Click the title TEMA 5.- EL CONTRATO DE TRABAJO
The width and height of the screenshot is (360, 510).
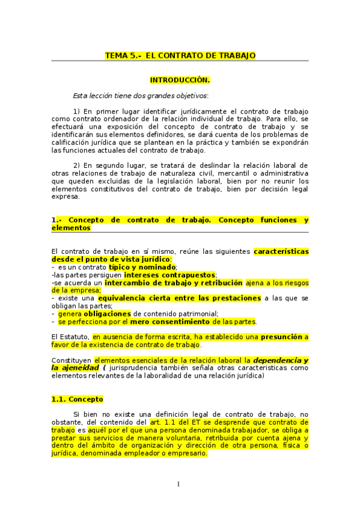[x=180, y=55]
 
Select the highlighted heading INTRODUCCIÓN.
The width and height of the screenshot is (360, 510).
[x=180, y=79]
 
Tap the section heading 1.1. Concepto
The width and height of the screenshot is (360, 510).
[x=78, y=399]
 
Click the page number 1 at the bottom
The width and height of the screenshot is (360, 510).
[x=178, y=484]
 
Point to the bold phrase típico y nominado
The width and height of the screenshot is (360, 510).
[x=142, y=266]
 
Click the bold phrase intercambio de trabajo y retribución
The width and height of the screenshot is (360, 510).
[x=173, y=282]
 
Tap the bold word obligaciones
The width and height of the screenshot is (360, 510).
[x=107, y=313]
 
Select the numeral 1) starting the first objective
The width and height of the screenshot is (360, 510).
[x=76, y=111]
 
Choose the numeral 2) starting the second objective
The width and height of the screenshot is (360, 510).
[x=76, y=165]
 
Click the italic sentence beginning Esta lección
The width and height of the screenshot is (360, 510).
[x=141, y=95]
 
